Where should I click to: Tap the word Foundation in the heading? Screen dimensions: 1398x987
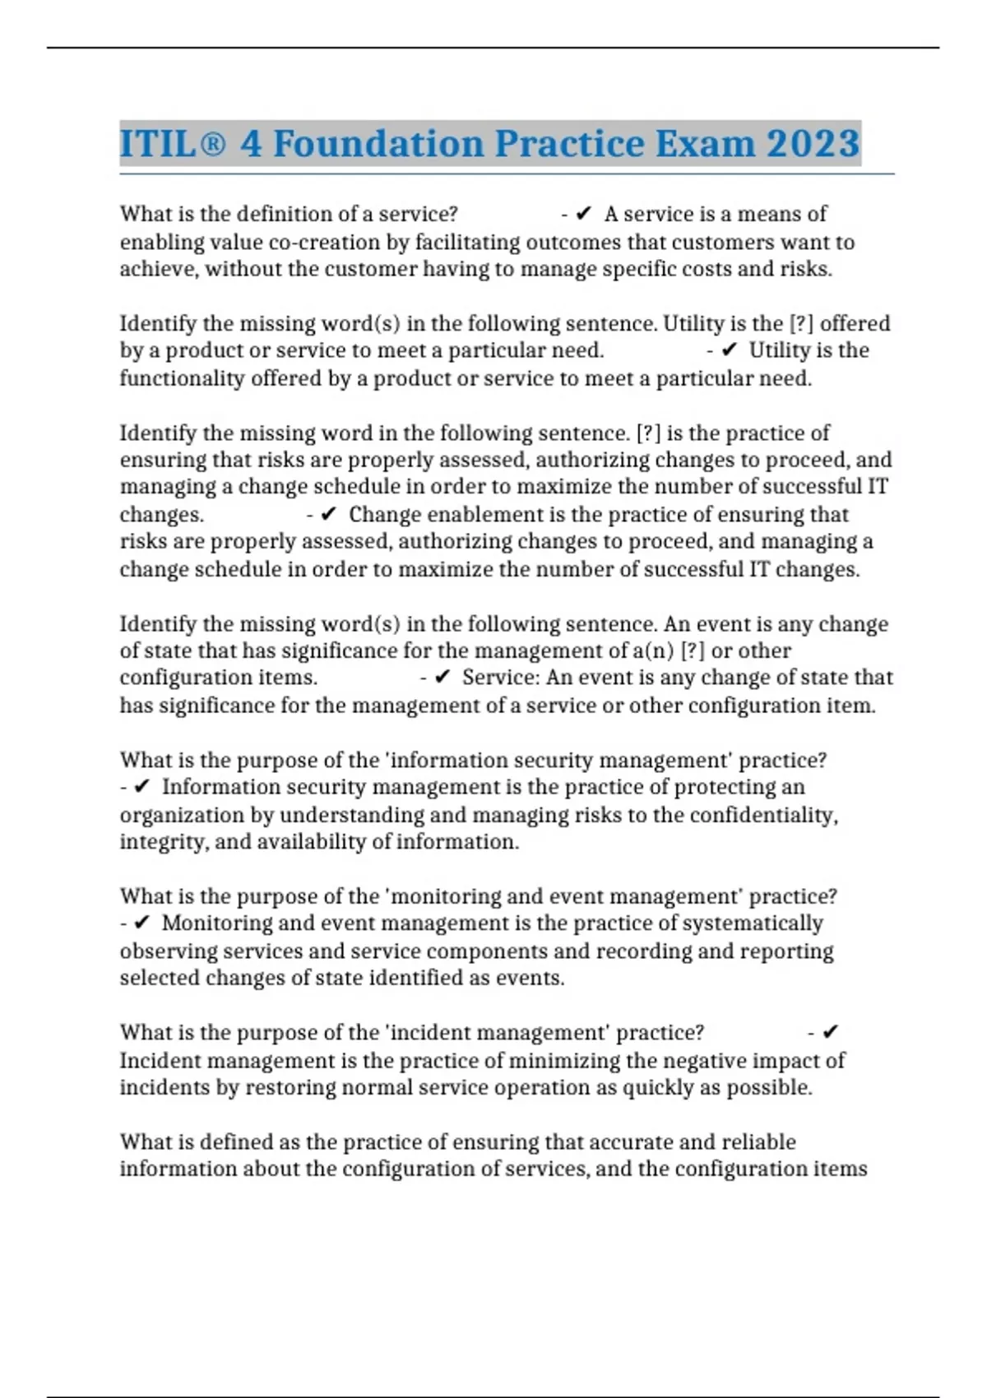(378, 144)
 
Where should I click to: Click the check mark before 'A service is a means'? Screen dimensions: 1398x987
(583, 214)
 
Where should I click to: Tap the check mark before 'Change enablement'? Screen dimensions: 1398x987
(328, 515)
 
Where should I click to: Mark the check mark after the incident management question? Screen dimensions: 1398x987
(830, 1032)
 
